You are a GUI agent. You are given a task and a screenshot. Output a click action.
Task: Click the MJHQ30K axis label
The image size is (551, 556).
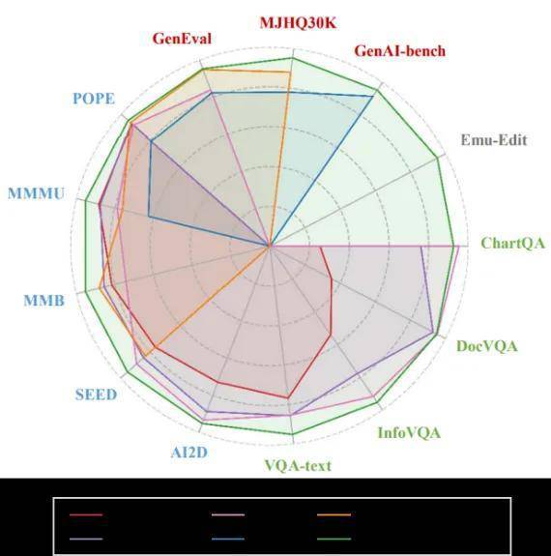click(x=298, y=23)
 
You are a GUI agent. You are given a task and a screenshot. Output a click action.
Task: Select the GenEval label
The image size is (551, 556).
click(x=182, y=39)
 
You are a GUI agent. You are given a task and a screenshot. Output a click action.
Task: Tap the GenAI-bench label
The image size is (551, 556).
click(x=400, y=51)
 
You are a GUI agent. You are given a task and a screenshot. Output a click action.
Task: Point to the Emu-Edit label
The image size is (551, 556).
click(x=494, y=140)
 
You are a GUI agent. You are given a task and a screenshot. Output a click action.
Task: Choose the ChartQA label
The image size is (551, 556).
click(x=512, y=244)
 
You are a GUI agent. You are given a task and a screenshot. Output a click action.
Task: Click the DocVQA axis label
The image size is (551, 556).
click(x=487, y=346)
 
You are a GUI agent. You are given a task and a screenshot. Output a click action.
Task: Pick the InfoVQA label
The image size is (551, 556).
click(x=409, y=433)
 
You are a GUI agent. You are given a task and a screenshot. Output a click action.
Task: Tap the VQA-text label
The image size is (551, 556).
click(x=298, y=465)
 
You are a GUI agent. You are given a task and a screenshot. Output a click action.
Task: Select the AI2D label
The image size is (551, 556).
click(x=189, y=453)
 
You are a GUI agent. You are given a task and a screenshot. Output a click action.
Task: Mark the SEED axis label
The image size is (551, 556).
click(x=96, y=395)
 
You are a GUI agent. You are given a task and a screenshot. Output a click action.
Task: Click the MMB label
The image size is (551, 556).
click(x=44, y=301)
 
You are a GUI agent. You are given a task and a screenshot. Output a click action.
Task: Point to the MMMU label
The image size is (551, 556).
click(x=37, y=194)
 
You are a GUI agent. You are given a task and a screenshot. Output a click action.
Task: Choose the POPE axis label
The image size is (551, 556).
click(x=94, y=99)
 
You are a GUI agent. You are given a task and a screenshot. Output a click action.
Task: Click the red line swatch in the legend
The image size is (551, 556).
click(x=86, y=514)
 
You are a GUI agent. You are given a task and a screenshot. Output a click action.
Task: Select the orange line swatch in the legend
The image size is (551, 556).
click(x=334, y=514)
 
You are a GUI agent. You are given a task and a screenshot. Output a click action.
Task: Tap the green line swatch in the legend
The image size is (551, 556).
click(x=334, y=539)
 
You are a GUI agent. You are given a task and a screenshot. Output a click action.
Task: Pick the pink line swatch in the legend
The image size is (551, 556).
click(x=228, y=514)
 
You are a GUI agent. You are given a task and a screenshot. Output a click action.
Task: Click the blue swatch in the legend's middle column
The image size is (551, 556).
click(x=228, y=539)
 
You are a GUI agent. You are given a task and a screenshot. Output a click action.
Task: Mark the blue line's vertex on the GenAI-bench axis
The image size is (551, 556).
click(x=373, y=96)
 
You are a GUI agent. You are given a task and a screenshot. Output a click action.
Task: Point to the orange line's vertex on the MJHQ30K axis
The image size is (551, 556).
click(x=290, y=73)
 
